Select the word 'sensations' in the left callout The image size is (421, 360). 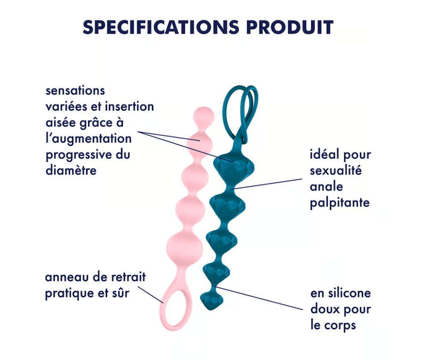75,91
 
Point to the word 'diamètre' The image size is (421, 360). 71,170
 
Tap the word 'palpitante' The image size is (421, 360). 340,202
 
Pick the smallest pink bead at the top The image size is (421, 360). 202,116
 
